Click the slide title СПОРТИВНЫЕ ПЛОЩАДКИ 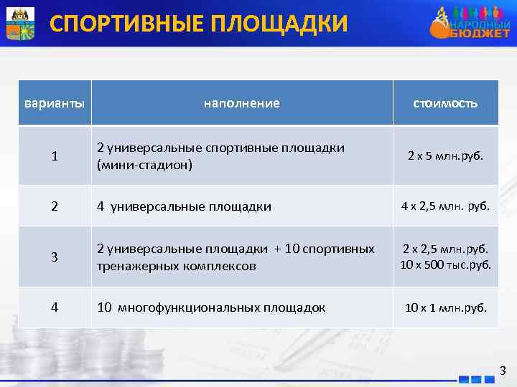(198, 24)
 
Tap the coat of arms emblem (20, 23)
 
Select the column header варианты (55, 103)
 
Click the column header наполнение (242, 103)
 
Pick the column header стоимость (445, 103)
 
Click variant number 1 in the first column (55, 156)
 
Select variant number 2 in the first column (55, 206)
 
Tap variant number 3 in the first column (55, 257)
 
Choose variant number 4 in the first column (55, 307)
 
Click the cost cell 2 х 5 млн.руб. (445, 155)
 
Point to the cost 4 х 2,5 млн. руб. (445, 206)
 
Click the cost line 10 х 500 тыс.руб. (445, 264)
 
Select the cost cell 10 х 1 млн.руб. (445, 307)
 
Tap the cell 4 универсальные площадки (185, 206)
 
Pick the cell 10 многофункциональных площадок (211, 307)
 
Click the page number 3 (503, 371)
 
